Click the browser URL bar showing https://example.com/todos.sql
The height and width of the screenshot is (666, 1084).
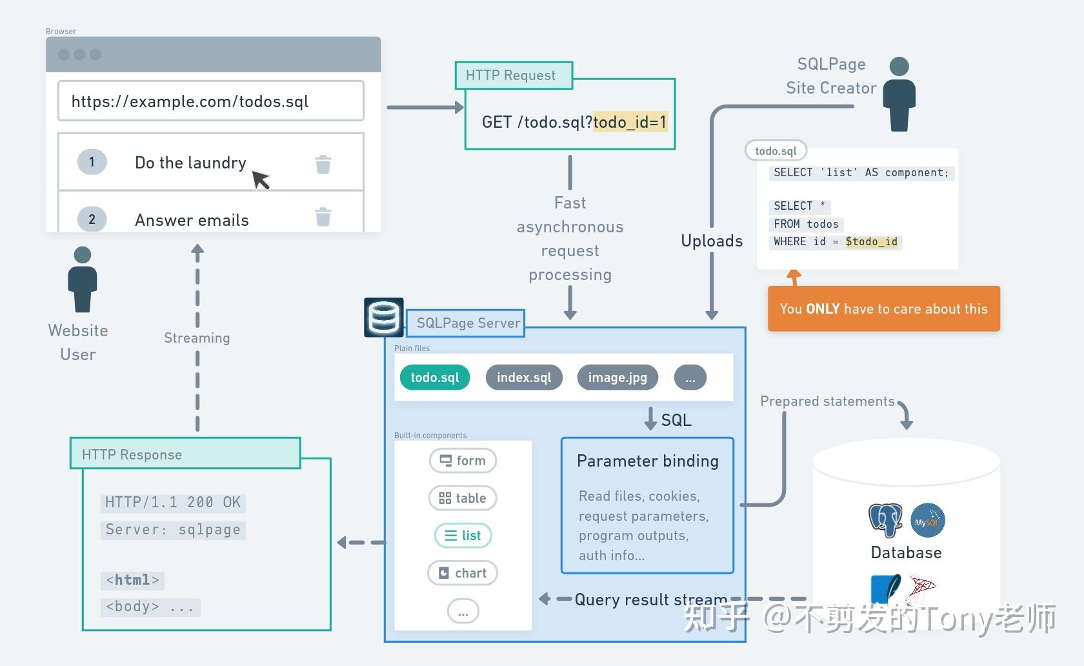(x=210, y=101)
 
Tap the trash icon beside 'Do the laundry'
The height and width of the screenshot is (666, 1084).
(x=323, y=164)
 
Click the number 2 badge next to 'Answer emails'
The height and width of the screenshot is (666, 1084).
(x=92, y=219)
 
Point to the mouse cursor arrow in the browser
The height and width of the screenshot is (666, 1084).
(x=260, y=179)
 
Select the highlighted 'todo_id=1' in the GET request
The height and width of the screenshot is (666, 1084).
(x=630, y=122)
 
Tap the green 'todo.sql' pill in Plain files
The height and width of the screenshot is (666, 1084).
(x=435, y=378)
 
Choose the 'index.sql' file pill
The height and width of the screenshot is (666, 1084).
(x=524, y=378)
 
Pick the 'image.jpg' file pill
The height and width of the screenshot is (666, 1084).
(x=617, y=378)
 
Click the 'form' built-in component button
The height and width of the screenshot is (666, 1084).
(x=463, y=461)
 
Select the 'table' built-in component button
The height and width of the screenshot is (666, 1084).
(x=463, y=498)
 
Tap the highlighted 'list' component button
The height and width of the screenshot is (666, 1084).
(x=463, y=536)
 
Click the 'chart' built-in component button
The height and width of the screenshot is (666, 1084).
(x=463, y=573)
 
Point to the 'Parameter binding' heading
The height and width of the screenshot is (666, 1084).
(x=647, y=461)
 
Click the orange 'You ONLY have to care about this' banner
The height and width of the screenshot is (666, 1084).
(x=883, y=309)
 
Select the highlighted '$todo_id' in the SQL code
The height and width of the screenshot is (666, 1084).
(x=872, y=242)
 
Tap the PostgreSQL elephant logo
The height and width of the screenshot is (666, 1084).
(x=885, y=520)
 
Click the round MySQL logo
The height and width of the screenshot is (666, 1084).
(x=928, y=521)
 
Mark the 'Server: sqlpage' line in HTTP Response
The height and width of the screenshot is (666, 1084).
(x=173, y=530)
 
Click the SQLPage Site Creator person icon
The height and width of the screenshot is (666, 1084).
(x=899, y=94)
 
